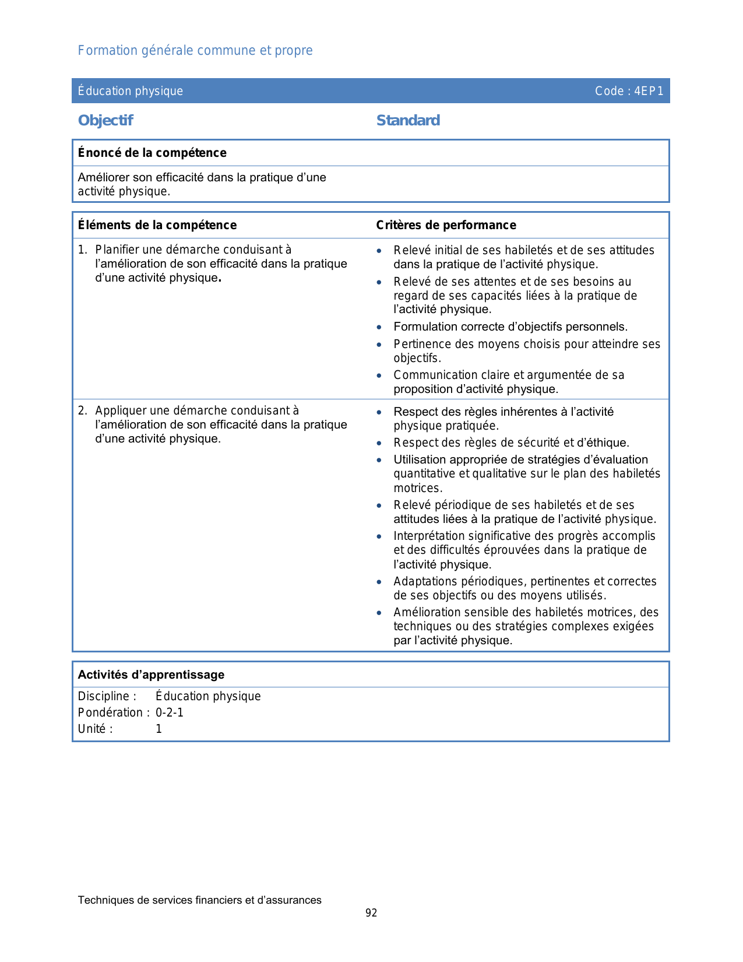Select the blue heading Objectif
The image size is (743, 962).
pyautogui.click(x=105, y=121)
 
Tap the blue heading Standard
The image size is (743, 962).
pyautogui.click(x=408, y=121)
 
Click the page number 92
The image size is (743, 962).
pyautogui.click(x=371, y=913)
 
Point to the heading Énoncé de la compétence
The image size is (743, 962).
pyautogui.click(x=152, y=153)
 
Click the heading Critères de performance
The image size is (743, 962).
pyautogui.click(x=446, y=225)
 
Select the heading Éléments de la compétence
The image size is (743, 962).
pyautogui.click(x=157, y=225)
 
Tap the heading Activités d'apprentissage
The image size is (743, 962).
pyautogui.click(x=151, y=675)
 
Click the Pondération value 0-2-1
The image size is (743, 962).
pyautogui.click(x=170, y=712)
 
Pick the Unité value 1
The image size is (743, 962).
pyautogui.click(x=159, y=729)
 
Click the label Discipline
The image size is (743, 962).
pyautogui.click(x=107, y=696)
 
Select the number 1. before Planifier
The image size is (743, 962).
pyautogui.click(x=83, y=250)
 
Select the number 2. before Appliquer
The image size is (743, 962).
pyautogui.click(x=83, y=410)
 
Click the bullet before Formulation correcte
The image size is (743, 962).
pyautogui.click(x=379, y=327)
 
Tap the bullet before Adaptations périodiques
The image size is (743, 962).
pyautogui.click(x=379, y=582)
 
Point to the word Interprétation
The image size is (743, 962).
pyautogui.click(x=429, y=536)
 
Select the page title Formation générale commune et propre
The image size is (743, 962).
pyautogui.click(x=195, y=51)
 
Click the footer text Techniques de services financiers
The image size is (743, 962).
pyautogui.click(x=199, y=900)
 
